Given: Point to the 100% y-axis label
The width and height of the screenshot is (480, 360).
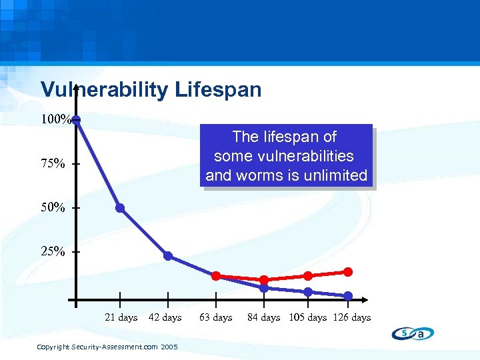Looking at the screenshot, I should (x=55, y=120).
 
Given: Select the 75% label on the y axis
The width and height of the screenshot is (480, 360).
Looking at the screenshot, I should (x=53, y=164).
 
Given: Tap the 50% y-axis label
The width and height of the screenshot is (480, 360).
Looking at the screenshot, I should (x=53, y=208).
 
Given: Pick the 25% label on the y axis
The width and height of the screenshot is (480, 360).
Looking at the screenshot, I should (x=53, y=252).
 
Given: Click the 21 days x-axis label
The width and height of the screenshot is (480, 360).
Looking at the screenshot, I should (x=121, y=317).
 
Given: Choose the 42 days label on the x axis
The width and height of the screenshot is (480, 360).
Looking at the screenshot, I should (x=165, y=317).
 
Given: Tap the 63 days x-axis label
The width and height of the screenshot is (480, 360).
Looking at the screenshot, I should (x=216, y=317).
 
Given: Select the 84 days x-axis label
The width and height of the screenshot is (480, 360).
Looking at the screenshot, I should (x=264, y=317).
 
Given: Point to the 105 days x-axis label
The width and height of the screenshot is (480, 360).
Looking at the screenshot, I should (x=308, y=317).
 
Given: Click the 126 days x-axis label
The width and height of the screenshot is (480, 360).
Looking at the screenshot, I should (x=352, y=317).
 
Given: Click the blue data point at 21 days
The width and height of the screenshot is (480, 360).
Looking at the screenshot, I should (x=120, y=208).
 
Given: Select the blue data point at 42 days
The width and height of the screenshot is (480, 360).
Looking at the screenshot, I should (x=168, y=256).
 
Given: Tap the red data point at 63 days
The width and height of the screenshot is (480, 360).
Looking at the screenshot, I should (x=216, y=276).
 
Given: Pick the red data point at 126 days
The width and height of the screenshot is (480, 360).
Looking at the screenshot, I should (x=348, y=271).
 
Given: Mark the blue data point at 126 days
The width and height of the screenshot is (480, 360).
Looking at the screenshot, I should (x=348, y=296).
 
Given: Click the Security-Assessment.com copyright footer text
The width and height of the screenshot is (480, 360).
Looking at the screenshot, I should (x=107, y=347).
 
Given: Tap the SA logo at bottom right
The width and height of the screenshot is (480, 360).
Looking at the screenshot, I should (x=413, y=334).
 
